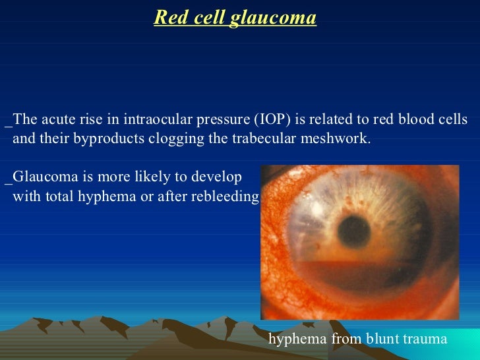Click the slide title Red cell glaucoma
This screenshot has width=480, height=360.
tap(235, 18)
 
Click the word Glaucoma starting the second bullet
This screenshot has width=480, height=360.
tap(41, 177)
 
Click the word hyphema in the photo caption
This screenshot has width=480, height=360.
tap(297, 339)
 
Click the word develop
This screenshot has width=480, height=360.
tap(220, 177)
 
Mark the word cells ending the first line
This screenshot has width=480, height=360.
tap(453, 120)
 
